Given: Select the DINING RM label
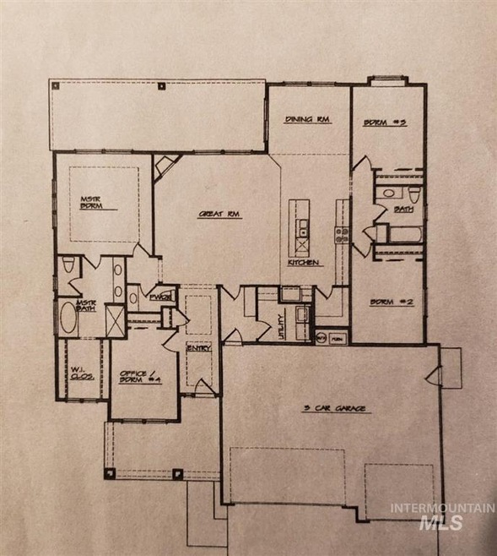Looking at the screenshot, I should (x=306, y=120).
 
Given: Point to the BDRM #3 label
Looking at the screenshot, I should (x=386, y=122).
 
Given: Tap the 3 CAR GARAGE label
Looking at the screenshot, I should (x=336, y=408).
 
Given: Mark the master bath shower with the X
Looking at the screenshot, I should (x=112, y=319).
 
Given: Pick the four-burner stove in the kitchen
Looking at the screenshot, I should (x=341, y=235).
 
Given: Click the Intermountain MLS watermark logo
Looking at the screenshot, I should (x=440, y=515).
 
